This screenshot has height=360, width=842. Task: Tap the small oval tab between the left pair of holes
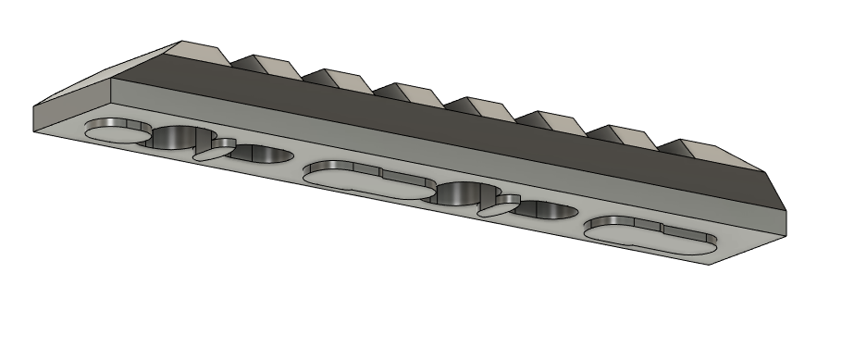pos(214,151)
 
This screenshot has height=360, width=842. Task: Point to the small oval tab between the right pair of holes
pos(500,207)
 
